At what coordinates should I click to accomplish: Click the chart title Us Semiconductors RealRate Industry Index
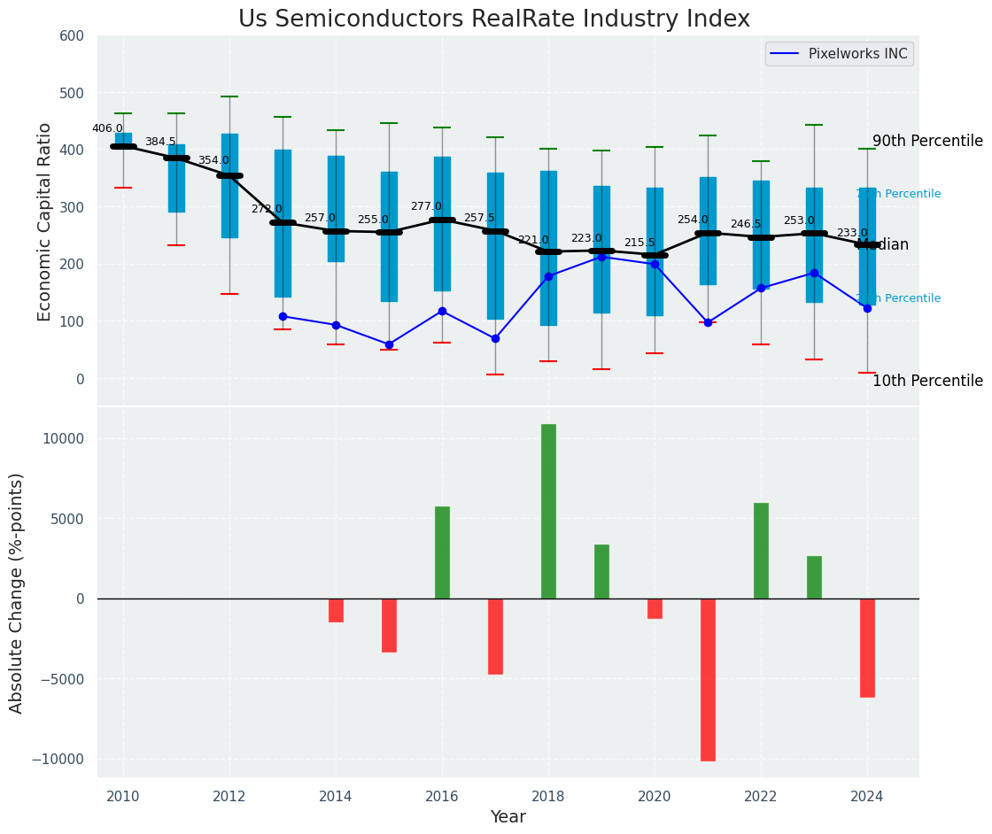coord(494,19)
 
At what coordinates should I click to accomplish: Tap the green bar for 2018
coord(548,511)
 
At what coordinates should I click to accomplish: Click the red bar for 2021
coord(708,679)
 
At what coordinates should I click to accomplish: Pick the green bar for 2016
coord(442,552)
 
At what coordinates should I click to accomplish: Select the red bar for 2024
coord(867,647)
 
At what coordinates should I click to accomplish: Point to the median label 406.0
coord(107,128)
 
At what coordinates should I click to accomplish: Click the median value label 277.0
coord(426,206)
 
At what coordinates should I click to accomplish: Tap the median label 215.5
coord(639,243)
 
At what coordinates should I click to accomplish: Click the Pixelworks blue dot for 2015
coord(389,344)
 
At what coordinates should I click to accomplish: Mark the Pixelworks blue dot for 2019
coord(601,257)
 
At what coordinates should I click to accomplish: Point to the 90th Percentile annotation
coord(927,142)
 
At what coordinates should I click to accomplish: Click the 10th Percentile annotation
coord(927,381)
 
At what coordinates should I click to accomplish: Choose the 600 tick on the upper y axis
coord(72,35)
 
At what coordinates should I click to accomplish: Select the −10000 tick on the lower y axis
coord(57,759)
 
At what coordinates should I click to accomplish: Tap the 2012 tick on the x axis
coord(229,797)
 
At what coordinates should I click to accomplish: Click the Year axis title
coord(508,817)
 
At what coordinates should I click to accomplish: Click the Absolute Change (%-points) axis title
coord(17,592)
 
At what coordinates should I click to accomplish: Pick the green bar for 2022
coord(761,551)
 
